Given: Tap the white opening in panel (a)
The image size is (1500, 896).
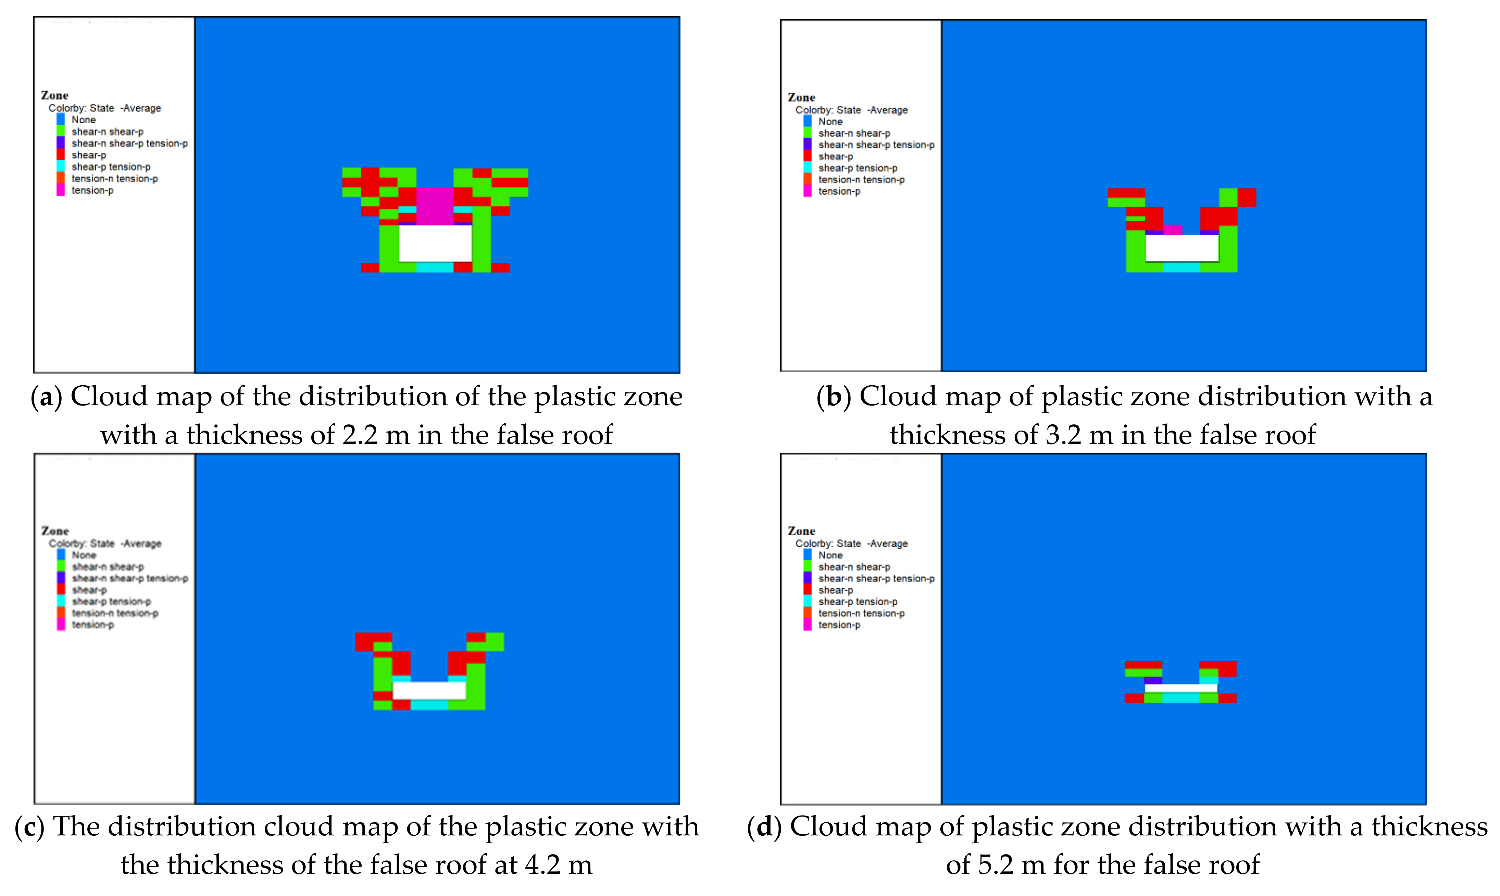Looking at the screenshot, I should coord(435,243).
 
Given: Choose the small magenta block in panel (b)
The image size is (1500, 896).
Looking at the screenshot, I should coord(1172,229).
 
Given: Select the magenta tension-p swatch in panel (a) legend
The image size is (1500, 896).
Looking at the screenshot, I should coord(60,190).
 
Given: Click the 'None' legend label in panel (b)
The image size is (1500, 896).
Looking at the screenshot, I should coord(830,121).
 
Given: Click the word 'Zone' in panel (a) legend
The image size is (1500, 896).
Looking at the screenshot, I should coord(54,96).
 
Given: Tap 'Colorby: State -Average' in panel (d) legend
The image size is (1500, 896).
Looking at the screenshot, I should coord(851,544).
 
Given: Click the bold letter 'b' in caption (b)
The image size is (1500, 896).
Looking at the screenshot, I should coord(834,397).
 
